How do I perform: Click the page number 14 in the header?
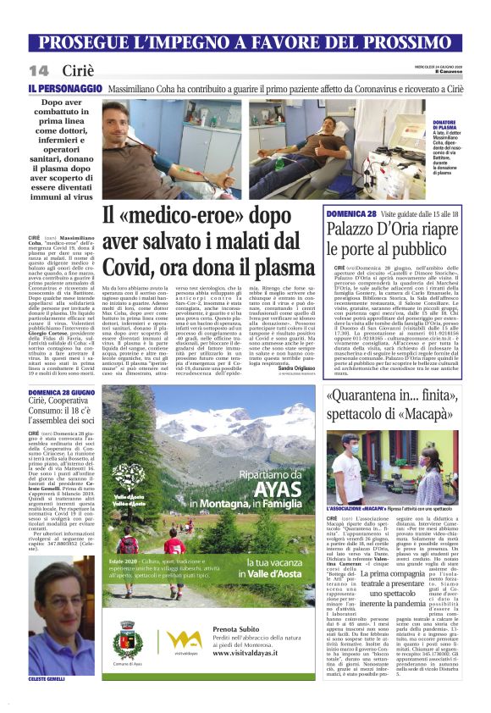(x=38, y=69)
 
